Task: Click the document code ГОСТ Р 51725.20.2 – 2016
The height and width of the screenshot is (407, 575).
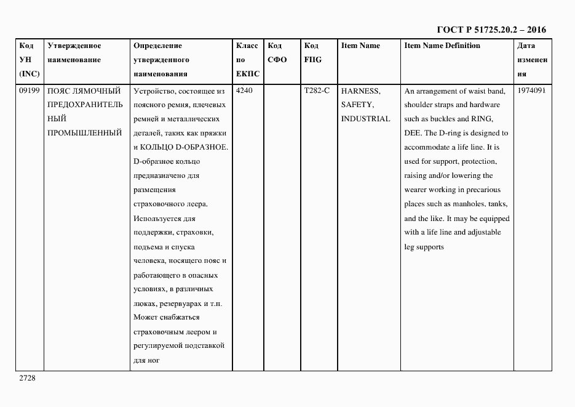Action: (491, 30)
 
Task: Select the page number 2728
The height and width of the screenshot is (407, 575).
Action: (28, 378)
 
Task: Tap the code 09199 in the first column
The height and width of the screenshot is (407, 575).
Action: (29, 91)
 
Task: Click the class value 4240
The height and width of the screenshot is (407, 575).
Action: (244, 91)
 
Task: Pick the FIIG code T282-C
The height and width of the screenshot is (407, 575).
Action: (317, 91)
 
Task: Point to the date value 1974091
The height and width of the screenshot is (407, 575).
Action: (531, 91)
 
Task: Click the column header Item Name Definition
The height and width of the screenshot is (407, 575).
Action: (442, 46)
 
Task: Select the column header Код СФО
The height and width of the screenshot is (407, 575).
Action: (277, 53)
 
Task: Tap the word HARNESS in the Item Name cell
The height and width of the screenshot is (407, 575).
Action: (360, 91)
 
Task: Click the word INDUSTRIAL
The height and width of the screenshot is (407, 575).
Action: (365, 119)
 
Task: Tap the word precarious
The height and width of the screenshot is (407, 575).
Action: (480, 190)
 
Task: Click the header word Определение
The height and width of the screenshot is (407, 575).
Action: (157, 46)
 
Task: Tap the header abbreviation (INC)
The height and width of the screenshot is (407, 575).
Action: (29, 74)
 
